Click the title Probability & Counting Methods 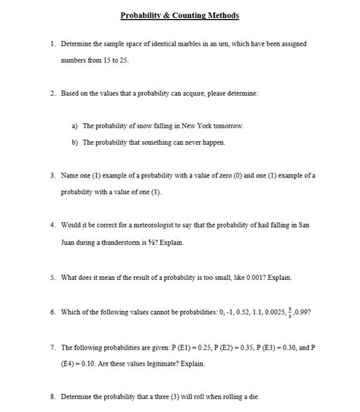point(179,15)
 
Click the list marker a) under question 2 point(74,125)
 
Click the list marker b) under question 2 point(74,142)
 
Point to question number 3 point(52,175)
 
